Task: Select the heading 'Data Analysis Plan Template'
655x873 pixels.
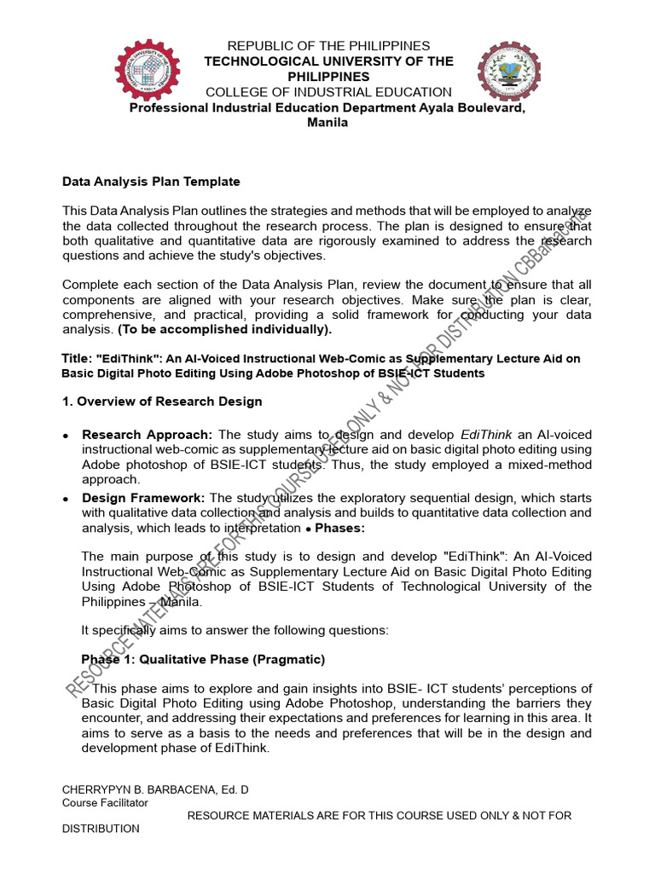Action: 151,182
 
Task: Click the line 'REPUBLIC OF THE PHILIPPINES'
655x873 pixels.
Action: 327,46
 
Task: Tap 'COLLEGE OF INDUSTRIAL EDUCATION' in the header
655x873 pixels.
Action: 328,92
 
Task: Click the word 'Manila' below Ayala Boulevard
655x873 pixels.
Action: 327,123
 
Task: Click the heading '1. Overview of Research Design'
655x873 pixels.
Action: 162,402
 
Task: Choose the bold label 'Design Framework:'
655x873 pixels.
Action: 143,498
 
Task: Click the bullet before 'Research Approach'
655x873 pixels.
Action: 67,436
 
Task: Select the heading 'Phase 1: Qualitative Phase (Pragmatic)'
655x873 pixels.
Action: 203,660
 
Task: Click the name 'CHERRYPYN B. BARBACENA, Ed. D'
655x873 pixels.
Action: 155,790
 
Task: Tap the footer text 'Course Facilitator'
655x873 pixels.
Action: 105,803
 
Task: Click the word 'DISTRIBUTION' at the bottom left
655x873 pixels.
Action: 101,829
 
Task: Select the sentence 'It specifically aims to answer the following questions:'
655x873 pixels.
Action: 235,631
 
